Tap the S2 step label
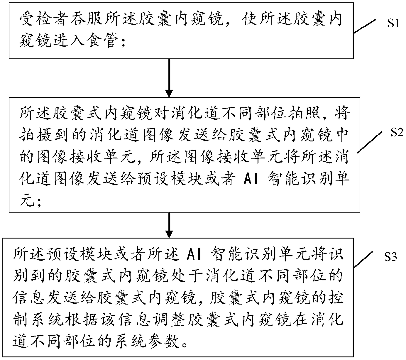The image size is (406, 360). (397, 133)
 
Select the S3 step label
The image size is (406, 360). (390, 257)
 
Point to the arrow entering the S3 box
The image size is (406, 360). (169, 225)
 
